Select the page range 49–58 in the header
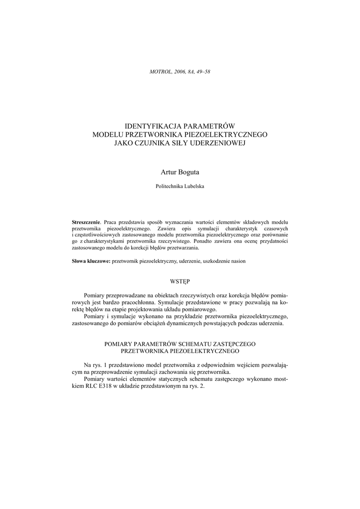[202, 72]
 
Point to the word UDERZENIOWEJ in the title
[217, 143]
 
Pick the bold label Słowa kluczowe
[91, 261]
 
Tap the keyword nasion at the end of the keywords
[236, 261]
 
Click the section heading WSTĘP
[180, 281]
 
